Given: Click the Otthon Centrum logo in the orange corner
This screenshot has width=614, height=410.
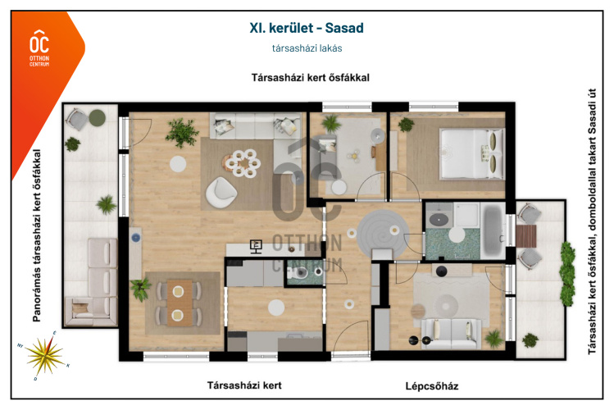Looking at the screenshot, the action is click(39, 48).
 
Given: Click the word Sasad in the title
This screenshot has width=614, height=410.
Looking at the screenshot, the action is click(344, 28).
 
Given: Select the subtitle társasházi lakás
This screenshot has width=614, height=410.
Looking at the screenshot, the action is click(307, 48).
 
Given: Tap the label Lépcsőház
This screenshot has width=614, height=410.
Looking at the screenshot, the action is click(431, 386).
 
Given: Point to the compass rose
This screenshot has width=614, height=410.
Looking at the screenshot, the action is click(44, 356).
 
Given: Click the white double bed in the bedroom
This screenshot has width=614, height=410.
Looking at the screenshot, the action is click(472, 154).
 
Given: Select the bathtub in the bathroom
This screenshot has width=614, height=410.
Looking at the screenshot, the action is click(491, 230).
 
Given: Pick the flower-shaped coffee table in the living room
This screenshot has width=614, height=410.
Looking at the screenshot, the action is click(243, 162).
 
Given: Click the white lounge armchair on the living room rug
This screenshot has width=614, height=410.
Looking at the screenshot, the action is click(221, 192).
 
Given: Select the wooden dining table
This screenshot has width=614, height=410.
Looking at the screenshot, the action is click(180, 303).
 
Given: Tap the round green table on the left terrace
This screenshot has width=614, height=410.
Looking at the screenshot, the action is click(97, 117).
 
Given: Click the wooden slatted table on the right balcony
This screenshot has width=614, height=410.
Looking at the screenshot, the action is click(526, 235).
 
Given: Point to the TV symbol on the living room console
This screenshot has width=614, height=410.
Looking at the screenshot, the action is click(256, 247).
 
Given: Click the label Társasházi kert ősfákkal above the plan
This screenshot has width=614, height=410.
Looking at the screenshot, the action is click(310, 78).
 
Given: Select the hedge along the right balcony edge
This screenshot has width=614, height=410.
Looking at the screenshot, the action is click(567, 274).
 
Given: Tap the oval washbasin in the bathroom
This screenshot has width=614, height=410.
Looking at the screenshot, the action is click(439, 219).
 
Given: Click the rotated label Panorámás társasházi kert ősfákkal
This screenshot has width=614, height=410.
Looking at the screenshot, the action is click(37, 235).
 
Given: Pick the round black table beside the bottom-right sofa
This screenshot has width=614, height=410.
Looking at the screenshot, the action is click(413, 340).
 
